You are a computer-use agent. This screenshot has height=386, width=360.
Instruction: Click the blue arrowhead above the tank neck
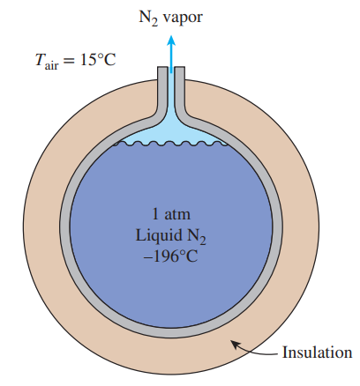pos(171,41)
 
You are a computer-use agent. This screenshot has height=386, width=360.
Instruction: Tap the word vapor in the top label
pos(183,19)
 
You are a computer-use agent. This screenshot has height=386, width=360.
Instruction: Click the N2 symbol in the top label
pos(148,19)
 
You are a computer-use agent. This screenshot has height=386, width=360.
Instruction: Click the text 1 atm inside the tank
pos(171,214)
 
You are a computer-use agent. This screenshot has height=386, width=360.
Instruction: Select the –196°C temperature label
pos(171,256)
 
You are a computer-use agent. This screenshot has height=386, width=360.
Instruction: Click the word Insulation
pos(317,352)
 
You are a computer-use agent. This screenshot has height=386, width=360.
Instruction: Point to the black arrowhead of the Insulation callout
pos(235,345)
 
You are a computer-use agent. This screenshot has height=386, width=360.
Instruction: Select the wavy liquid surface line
pos(170,144)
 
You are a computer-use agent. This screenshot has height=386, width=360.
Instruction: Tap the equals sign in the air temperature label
pos(68,61)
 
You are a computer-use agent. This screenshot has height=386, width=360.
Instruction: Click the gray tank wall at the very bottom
pos(171,332)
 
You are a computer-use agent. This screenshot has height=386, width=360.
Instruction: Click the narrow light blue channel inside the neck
pos(171,94)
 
